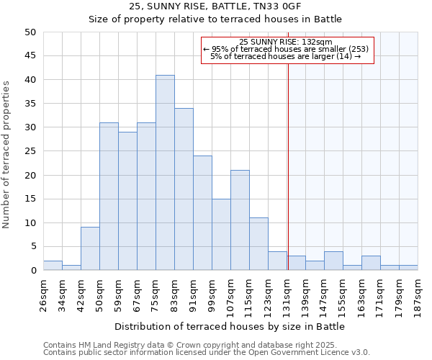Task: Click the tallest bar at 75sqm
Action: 165,173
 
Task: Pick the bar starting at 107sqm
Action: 240,220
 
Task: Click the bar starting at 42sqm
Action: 90,249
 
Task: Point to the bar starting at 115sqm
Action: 258,244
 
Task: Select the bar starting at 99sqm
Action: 221,235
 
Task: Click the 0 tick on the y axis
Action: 32,271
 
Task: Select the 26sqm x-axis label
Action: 44,294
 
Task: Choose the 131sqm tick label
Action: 287,294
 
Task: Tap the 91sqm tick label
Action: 194,294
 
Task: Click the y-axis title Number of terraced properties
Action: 6,154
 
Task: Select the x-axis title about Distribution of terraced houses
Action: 229,326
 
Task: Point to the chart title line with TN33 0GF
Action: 215,6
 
